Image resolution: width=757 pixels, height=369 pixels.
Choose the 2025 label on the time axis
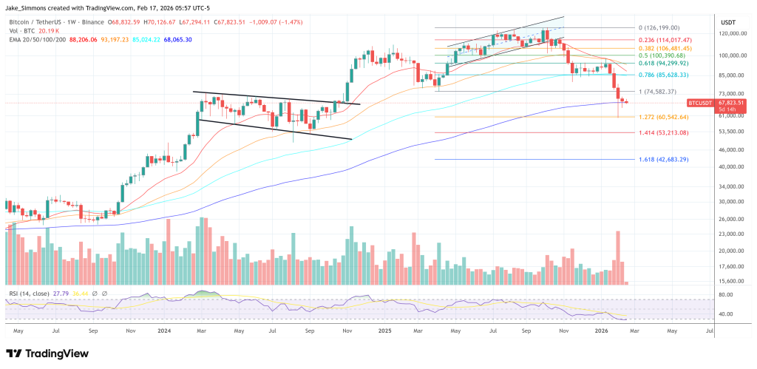(384, 331)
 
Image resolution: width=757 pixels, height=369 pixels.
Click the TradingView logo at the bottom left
(47, 353)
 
